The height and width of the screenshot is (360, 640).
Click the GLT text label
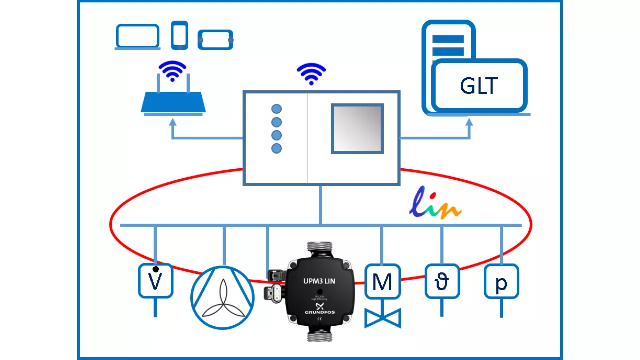(x=479, y=86)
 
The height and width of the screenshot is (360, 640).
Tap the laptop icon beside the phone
(x=137, y=37)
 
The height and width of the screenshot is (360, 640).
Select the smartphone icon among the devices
(x=179, y=35)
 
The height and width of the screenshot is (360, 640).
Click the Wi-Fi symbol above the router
(x=172, y=71)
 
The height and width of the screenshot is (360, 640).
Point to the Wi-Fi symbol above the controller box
(x=311, y=74)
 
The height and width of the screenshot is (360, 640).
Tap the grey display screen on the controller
(x=357, y=129)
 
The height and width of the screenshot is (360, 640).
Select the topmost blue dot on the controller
(x=276, y=109)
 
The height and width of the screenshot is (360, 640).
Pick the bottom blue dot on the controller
(x=276, y=148)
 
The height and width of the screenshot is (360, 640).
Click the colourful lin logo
(x=435, y=204)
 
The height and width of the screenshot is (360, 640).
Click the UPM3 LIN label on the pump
(x=319, y=281)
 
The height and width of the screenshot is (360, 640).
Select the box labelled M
(x=382, y=282)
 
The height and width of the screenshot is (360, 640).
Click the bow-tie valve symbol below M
(x=383, y=318)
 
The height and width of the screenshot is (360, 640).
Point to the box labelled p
(x=501, y=282)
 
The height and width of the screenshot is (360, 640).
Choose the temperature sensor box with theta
(x=442, y=282)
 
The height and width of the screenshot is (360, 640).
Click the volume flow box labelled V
(x=155, y=281)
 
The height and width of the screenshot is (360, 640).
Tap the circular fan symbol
(x=223, y=298)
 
